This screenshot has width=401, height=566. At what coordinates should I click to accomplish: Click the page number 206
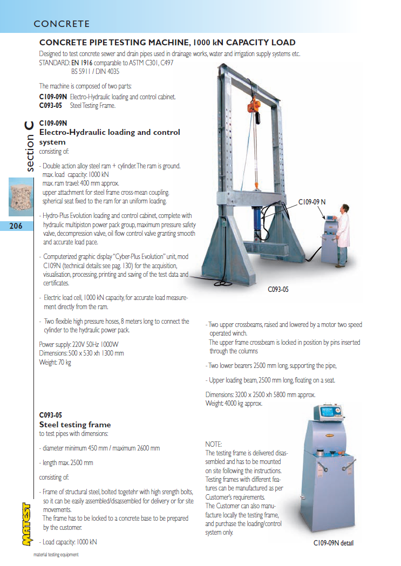click(16, 226)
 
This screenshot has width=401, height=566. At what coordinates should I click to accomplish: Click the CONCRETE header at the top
click(62, 24)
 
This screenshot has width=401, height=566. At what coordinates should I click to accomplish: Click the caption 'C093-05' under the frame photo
click(278, 289)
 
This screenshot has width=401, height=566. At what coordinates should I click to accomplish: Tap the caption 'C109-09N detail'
click(334, 543)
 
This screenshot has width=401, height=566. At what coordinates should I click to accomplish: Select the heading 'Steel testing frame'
click(75, 425)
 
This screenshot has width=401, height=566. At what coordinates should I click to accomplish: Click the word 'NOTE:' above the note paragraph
click(214, 444)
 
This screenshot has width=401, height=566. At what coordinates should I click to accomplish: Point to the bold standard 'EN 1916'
click(82, 63)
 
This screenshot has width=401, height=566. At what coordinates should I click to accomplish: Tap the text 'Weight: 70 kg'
click(55, 362)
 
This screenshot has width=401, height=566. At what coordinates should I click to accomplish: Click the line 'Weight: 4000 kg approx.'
click(234, 403)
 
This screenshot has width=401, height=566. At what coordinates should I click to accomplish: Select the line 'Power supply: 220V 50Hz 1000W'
click(79, 345)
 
